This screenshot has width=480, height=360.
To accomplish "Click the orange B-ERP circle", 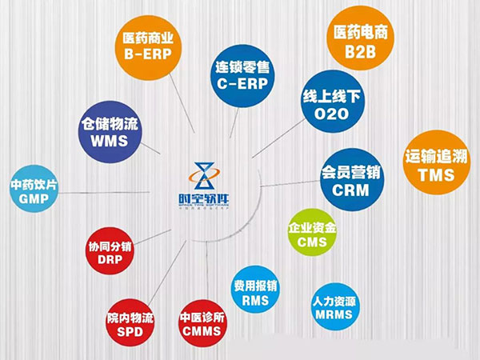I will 149,46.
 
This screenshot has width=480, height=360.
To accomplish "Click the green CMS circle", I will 312,234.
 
